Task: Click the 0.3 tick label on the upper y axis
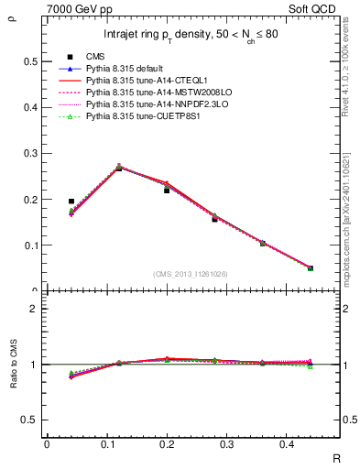click(28, 154)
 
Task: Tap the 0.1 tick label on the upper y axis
click(28, 245)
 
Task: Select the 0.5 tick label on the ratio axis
click(28, 420)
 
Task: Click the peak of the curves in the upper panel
click(119, 168)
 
